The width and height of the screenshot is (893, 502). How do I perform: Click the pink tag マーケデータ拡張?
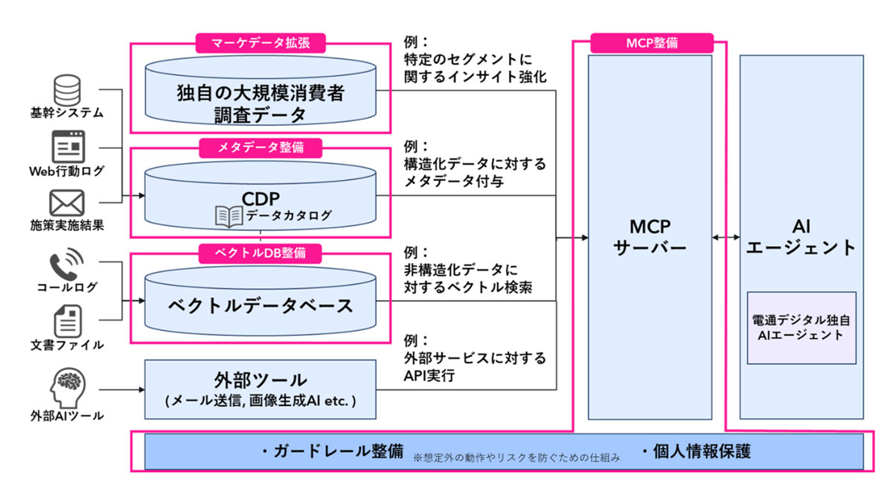(x=261, y=42)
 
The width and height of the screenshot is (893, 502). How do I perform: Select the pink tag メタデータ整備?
(x=261, y=147)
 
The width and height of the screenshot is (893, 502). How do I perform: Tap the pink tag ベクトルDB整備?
(x=261, y=252)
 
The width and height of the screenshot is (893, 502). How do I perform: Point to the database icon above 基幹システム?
(x=66, y=89)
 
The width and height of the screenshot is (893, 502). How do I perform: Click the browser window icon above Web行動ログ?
(x=67, y=146)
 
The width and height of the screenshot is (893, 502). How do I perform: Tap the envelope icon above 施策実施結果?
(x=67, y=203)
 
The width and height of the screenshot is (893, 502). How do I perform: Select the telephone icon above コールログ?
(x=67, y=267)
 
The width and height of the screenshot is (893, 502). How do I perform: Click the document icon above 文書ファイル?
(x=67, y=321)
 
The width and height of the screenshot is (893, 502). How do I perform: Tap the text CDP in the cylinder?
(x=260, y=200)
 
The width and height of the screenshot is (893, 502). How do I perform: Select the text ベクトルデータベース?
(x=260, y=305)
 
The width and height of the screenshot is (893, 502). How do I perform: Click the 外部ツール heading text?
(x=260, y=380)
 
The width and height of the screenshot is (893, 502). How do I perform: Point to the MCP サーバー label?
(x=650, y=237)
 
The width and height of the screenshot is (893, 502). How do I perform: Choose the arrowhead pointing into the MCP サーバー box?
(x=582, y=238)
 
